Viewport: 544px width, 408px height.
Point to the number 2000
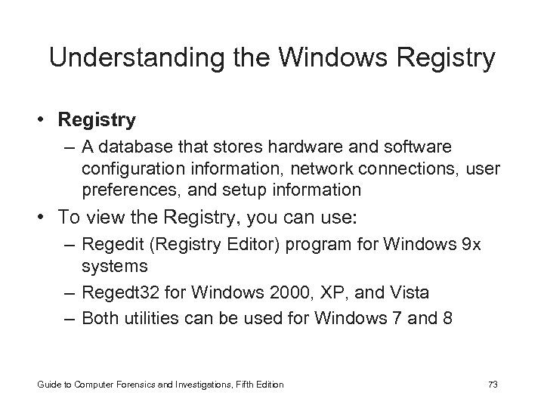click(x=280, y=292)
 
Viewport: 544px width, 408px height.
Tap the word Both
click(x=98, y=317)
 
